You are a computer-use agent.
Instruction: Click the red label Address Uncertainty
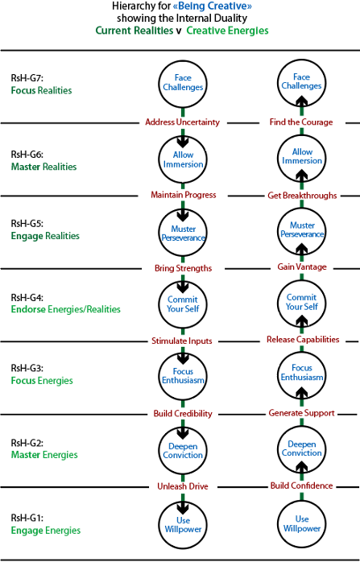point(182,122)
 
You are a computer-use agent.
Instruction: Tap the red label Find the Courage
point(301,122)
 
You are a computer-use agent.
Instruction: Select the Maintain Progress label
point(184,195)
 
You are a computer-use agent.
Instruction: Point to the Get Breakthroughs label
point(302,196)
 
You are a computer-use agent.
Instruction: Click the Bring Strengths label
point(184,268)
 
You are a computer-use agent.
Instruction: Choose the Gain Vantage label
point(302,267)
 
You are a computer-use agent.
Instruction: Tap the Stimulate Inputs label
point(182,341)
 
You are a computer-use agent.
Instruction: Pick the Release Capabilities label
point(303,340)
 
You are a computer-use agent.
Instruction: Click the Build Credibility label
point(183,414)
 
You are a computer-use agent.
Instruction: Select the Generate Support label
point(301,413)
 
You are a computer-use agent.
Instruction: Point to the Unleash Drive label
point(183,486)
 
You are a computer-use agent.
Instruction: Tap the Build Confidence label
point(301,486)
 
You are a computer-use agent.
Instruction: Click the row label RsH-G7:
point(27,78)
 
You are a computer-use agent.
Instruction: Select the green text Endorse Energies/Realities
point(65,309)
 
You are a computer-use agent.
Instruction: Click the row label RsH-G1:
point(27,518)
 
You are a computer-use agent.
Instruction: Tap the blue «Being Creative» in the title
point(213,6)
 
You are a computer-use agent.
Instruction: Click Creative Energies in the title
point(227,31)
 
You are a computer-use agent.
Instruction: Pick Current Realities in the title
point(134,31)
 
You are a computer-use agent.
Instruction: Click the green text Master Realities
point(43,167)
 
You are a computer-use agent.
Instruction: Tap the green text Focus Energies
point(42,381)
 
